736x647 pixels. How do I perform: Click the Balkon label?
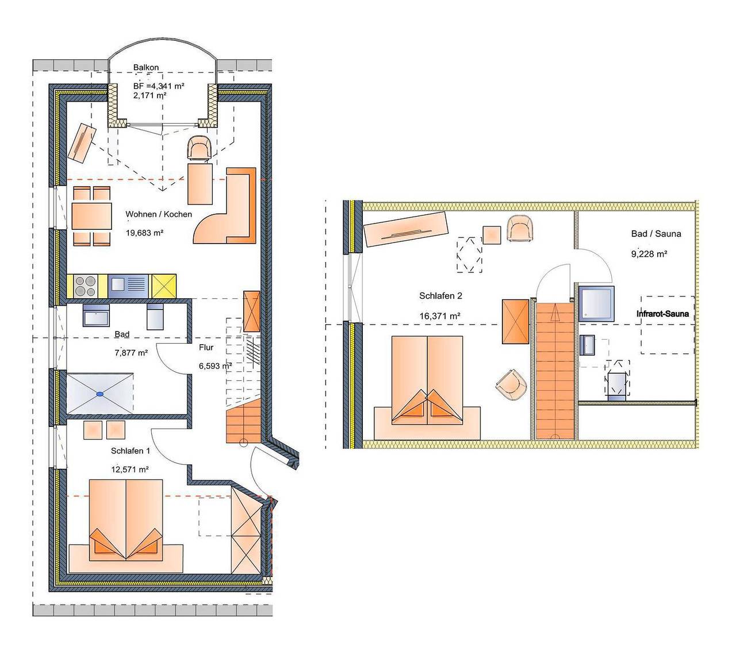click(145, 67)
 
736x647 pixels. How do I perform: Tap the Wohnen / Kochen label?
click(158, 214)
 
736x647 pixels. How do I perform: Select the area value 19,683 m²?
click(144, 233)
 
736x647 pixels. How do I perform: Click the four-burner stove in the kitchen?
click(85, 287)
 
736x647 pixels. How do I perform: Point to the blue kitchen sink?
click(128, 287)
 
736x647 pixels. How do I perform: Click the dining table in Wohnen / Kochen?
click(91, 216)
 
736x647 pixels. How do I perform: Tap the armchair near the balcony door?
click(199, 148)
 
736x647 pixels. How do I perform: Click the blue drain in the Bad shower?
click(99, 394)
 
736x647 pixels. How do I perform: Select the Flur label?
click(206, 348)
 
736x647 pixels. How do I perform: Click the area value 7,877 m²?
click(131, 353)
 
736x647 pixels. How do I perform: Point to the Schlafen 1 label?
click(130, 451)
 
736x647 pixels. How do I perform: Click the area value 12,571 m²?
click(130, 469)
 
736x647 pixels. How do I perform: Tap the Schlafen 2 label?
click(440, 296)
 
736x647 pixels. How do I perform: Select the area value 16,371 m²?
click(440, 316)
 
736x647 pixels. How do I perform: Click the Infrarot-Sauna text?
click(662, 314)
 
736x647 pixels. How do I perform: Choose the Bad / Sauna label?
click(656, 234)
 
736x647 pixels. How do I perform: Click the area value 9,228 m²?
click(649, 254)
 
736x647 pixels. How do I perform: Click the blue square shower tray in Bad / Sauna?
click(596, 304)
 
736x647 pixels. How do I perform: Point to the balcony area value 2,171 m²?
click(149, 96)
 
